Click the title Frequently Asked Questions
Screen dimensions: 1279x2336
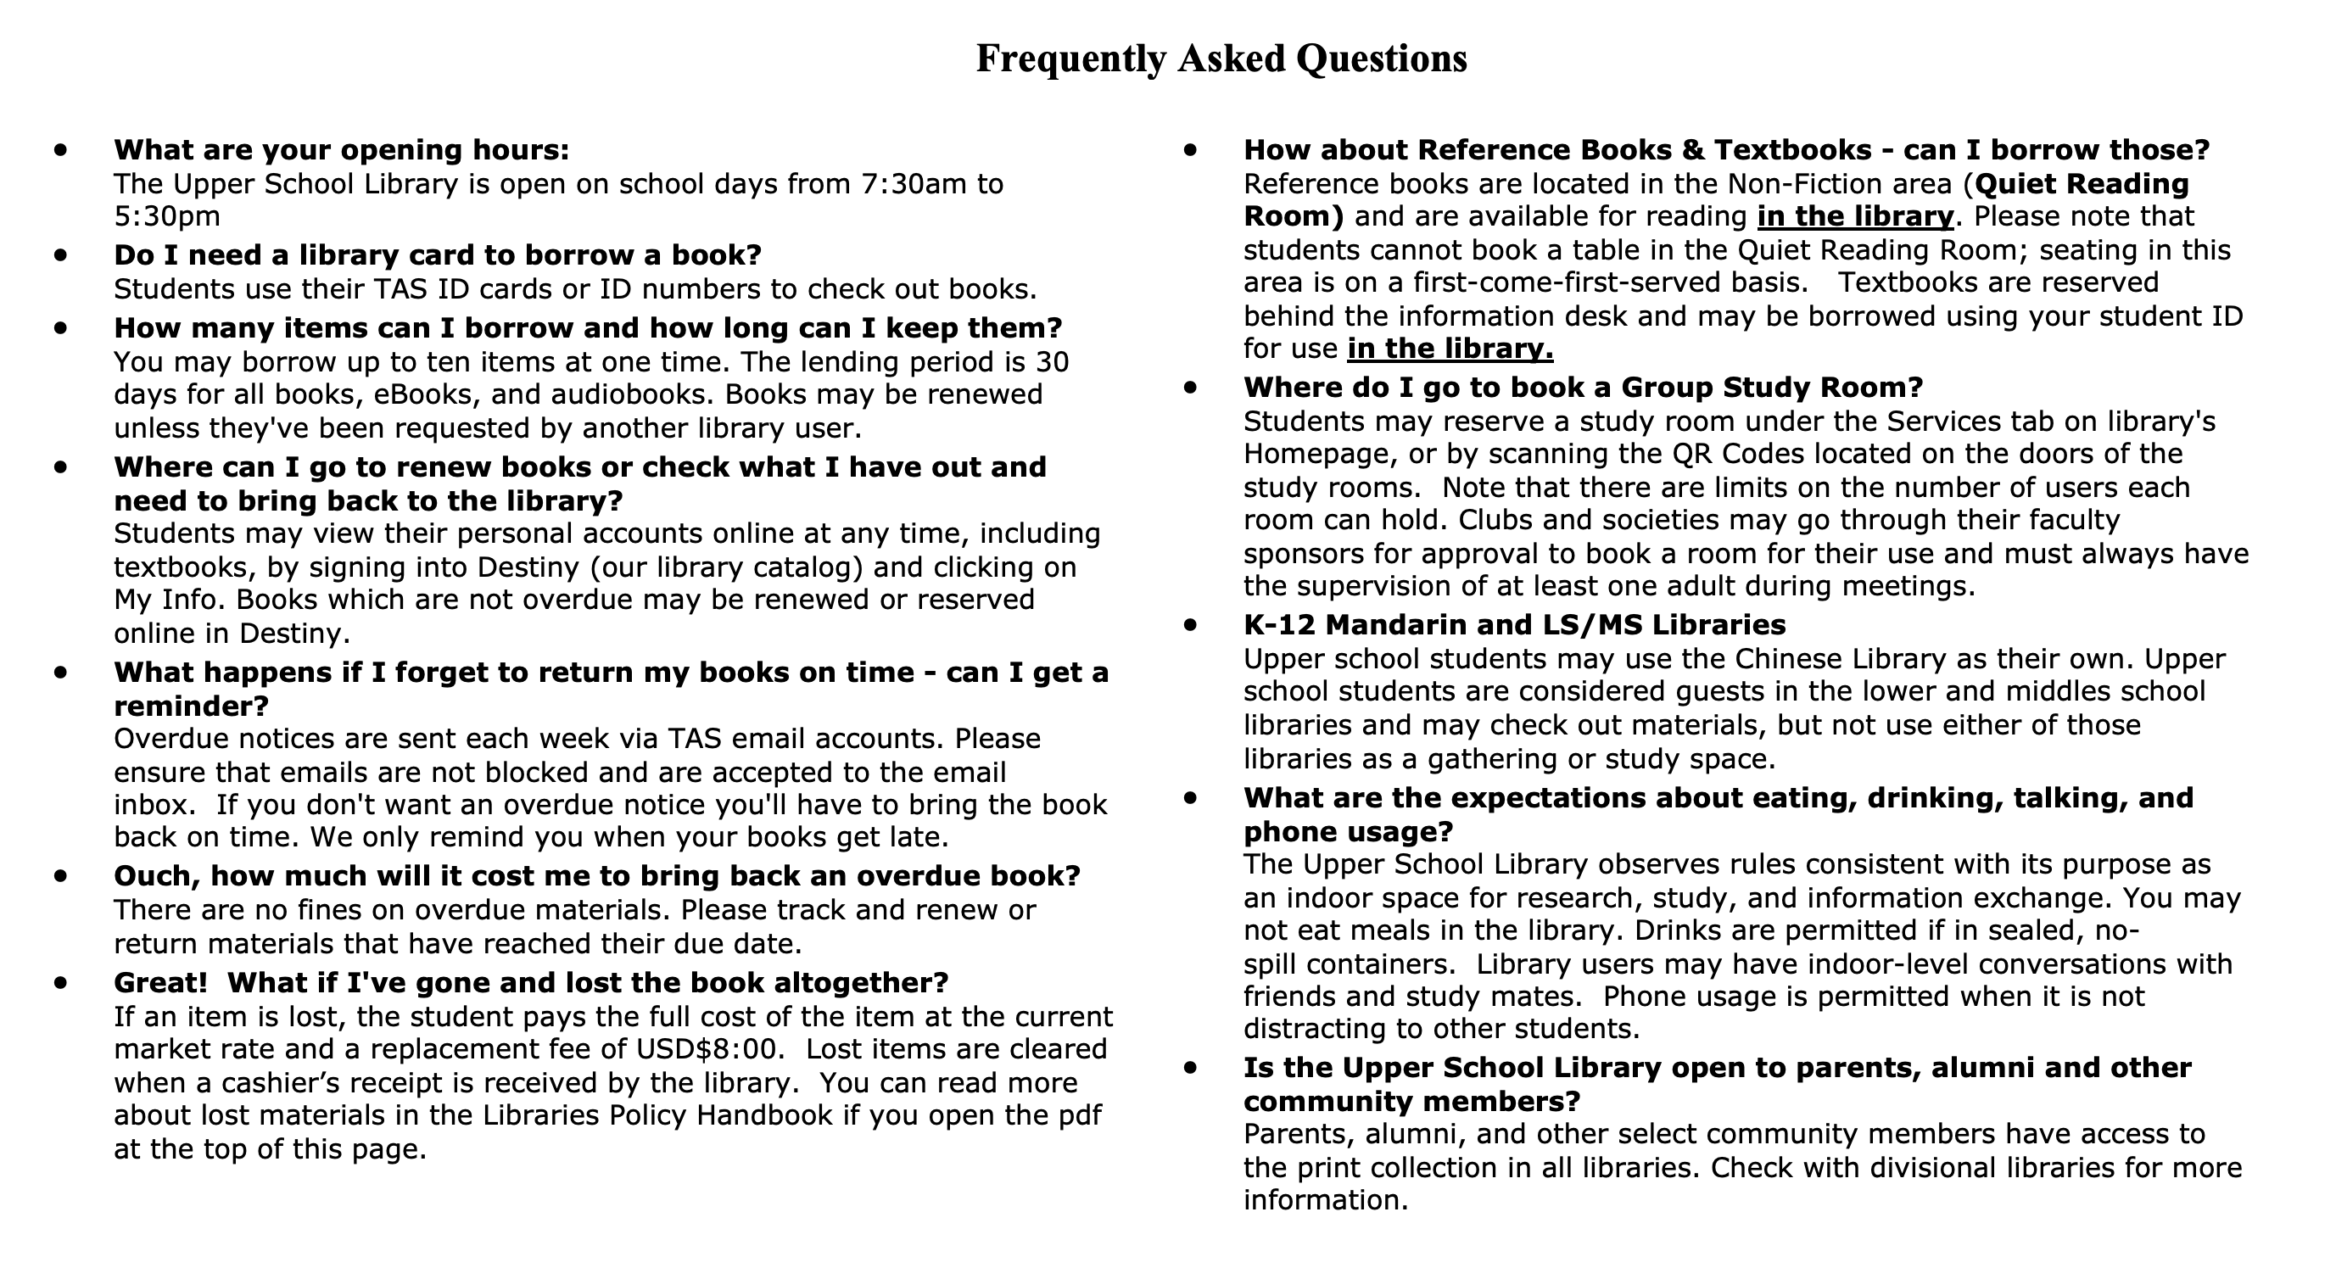[x=1221, y=59]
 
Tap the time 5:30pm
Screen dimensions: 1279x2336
[x=167, y=216]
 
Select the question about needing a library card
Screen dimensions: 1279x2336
[x=437, y=255]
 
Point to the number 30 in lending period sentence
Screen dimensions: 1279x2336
[x=1052, y=361]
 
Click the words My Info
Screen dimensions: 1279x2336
[x=168, y=600]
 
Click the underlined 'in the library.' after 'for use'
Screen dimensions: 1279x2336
[x=1450, y=349]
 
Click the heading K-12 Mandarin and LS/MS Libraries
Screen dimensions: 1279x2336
[x=1514, y=625]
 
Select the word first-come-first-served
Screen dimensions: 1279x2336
[x=1606, y=282]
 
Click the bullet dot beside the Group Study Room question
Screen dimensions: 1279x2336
[x=1190, y=388]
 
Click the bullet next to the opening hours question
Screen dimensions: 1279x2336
[x=61, y=149]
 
